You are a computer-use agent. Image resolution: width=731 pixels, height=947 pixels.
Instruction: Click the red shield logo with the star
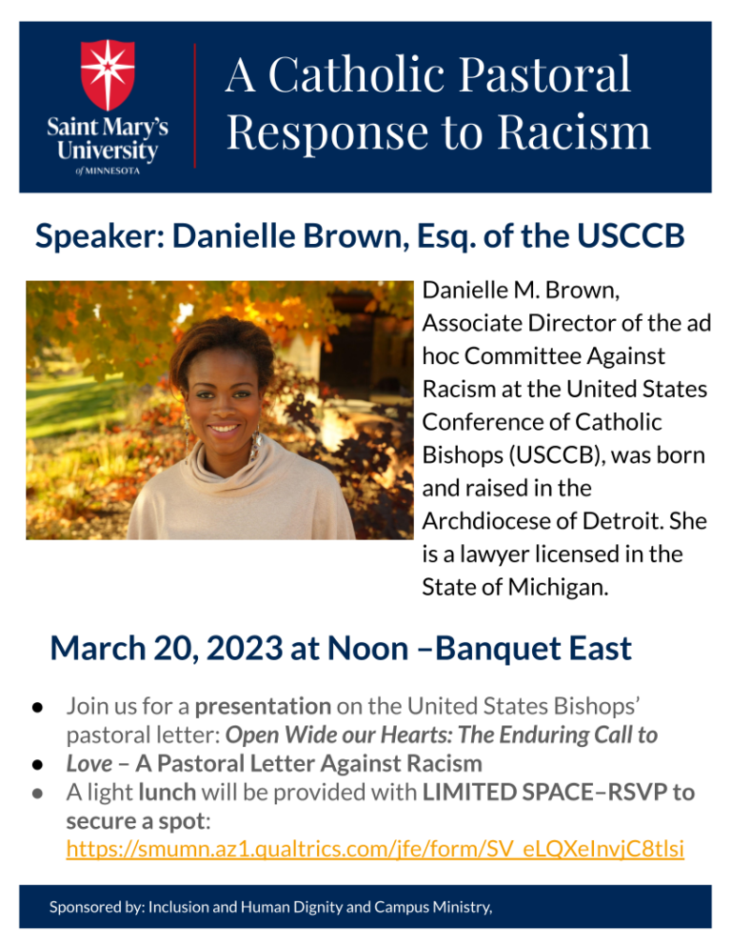(108, 74)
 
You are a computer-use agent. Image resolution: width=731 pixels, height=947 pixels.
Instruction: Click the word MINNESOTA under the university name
(112, 171)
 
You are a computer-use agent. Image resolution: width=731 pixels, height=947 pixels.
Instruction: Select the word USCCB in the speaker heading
(630, 235)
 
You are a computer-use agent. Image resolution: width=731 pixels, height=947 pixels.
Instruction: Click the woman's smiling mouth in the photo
(224, 430)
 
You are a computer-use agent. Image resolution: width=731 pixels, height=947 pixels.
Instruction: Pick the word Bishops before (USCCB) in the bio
(463, 456)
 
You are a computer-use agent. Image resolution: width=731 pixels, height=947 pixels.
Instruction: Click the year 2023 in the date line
(244, 649)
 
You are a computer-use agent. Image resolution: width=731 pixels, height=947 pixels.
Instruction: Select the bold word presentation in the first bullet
(264, 707)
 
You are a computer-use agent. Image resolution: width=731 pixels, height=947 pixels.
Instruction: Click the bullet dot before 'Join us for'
(37, 707)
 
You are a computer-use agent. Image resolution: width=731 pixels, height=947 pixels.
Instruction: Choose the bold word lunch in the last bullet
(168, 793)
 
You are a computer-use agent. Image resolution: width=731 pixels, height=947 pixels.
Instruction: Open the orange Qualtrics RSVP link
(375, 849)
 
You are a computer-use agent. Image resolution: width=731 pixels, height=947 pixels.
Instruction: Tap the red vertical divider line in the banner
(195, 106)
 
